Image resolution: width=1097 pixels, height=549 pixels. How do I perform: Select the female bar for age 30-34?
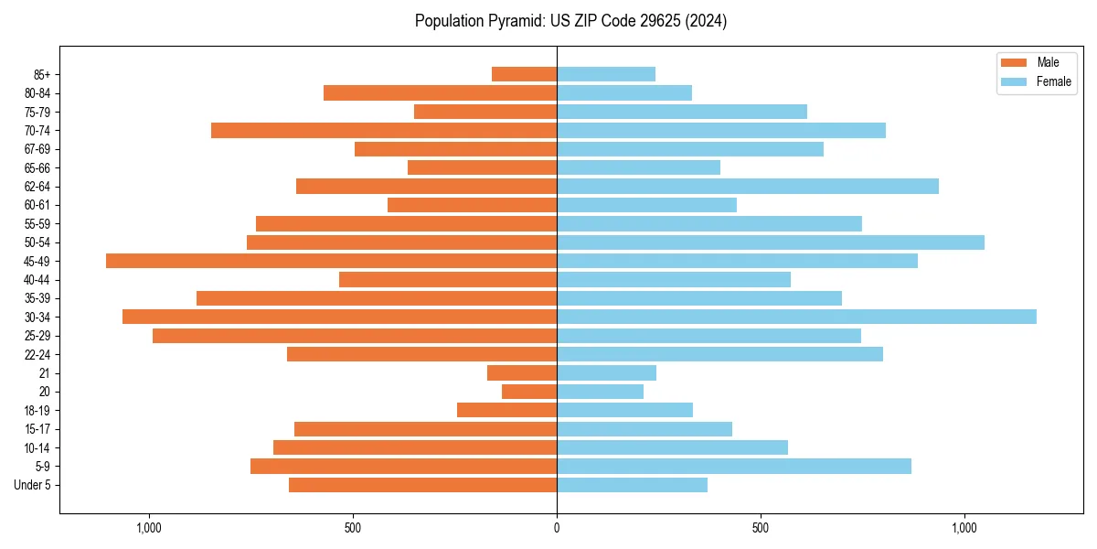tap(796, 317)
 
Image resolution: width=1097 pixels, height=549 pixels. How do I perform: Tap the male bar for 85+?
tap(524, 74)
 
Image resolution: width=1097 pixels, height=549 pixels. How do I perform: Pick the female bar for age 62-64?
tap(748, 186)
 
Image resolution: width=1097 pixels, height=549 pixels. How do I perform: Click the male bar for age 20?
tap(529, 392)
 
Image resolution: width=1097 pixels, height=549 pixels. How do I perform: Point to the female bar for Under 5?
tap(632, 485)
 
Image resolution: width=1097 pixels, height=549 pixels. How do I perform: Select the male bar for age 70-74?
tap(384, 130)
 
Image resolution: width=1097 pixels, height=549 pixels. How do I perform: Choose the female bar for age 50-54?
tap(771, 242)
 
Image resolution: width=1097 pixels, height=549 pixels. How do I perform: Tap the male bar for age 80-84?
tap(440, 92)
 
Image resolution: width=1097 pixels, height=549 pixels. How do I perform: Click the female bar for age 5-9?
tap(734, 466)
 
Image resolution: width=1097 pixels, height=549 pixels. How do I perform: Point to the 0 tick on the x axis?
tap(557, 528)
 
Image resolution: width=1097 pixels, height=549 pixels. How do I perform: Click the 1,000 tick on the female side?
tap(964, 528)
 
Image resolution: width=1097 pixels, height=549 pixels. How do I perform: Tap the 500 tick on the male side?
tap(353, 528)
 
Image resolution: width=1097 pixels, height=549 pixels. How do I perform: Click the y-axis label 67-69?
tap(37, 149)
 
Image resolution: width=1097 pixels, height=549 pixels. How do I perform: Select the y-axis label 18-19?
tap(37, 410)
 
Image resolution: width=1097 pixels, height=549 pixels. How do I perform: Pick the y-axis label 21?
tap(45, 373)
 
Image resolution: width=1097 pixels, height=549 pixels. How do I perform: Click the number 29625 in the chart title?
tap(650, 21)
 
